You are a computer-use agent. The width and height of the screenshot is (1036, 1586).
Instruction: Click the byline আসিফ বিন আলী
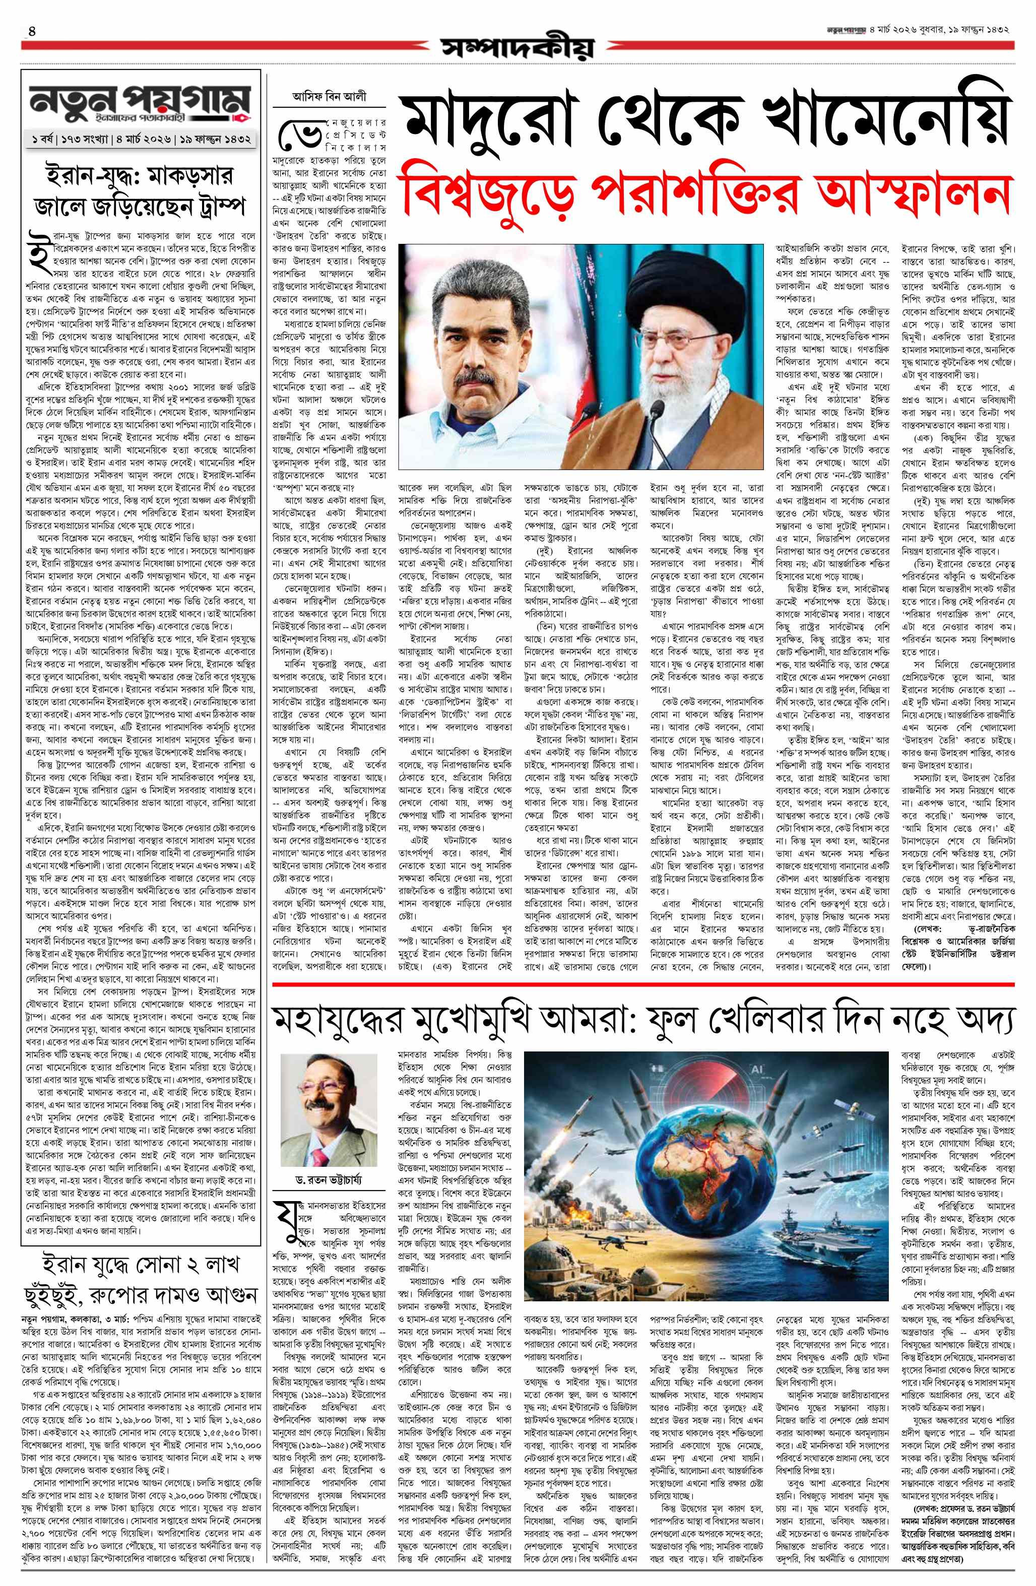tap(330, 96)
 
